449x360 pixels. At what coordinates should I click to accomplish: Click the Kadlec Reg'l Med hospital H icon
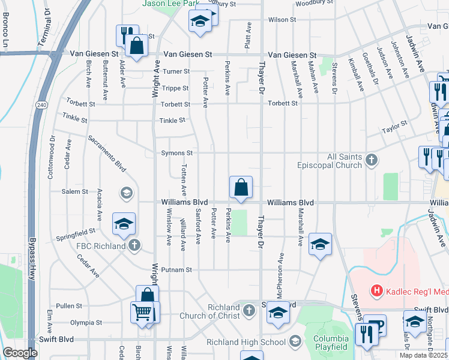(x=377, y=292)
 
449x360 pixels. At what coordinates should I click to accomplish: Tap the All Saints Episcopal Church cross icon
(x=372, y=160)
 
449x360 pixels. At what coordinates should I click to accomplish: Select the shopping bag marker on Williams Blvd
(x=241, y=188)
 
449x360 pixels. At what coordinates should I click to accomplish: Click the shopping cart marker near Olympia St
(x=142, y=312)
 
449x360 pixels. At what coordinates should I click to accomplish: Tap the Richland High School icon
(x=295, y=342)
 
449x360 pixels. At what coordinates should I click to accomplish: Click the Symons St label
(x=176, y=153)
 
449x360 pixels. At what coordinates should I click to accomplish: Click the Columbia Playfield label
(x=331, y=343)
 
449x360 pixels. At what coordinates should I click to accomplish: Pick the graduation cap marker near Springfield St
(x=124, y=224)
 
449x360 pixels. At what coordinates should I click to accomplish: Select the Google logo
(x=20, y=353)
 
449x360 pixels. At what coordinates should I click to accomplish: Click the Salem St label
(x=75, y=192)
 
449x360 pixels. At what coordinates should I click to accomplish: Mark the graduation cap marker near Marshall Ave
(x=321, y=244)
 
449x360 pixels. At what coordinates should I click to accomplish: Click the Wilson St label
(x=279, y=20)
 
